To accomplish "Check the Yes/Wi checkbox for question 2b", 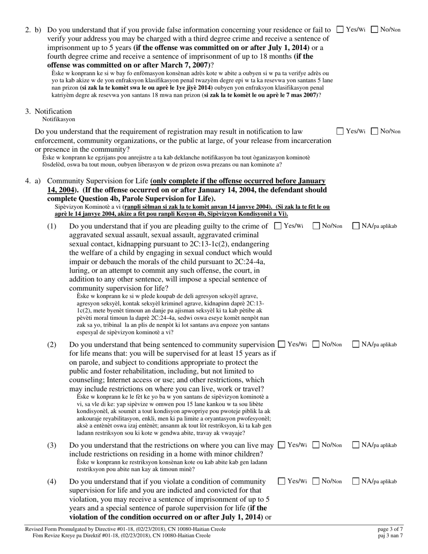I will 341,30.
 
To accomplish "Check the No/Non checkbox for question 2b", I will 374,30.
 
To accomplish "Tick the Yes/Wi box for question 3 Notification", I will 341,131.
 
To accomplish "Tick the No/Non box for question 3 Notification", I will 374,131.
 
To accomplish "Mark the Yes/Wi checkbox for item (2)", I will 282,345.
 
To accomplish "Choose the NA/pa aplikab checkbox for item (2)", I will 356,345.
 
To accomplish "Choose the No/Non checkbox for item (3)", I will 316,445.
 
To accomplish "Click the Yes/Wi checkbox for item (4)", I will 282,481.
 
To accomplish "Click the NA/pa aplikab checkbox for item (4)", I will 356,481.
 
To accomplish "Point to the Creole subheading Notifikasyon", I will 59,119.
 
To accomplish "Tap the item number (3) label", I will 52,445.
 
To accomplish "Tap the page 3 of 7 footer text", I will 390,529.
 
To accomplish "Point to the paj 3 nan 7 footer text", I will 390,536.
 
